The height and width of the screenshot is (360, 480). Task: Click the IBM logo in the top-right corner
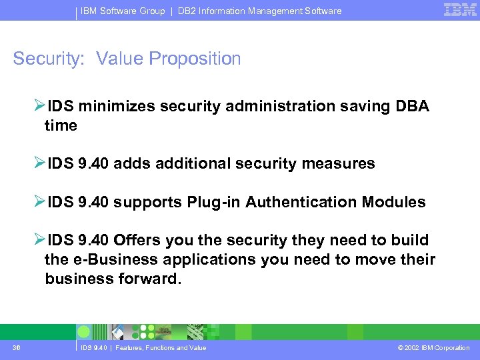(x=459, y=10)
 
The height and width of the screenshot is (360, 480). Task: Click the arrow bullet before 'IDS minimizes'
(x=40, y=106)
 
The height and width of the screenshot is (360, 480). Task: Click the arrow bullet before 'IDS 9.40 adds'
(x=40, y=163)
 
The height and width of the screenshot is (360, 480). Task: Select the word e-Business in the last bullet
(x=109, y=260)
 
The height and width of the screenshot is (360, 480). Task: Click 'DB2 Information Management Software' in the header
(x=260, y=11)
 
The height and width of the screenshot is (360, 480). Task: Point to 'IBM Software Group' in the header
(x=123, y=11)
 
